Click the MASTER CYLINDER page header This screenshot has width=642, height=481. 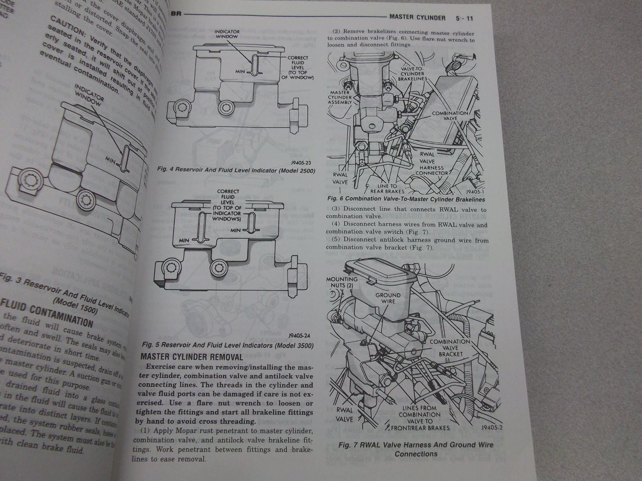(x=417, y=18)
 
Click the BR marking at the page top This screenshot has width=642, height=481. (x=176, y=14)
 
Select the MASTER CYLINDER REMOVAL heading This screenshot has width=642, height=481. (x=192, y=357)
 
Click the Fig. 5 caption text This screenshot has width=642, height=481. (x=228, y=346)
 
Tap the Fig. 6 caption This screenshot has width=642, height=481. (x=406, y=199)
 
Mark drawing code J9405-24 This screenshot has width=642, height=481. (x=299, y=336)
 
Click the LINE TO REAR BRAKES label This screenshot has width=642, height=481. (x=387, y=188)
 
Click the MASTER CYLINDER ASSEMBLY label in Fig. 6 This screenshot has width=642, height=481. (x=340, y=97)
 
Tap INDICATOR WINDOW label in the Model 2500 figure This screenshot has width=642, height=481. (x=227, y=34)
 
